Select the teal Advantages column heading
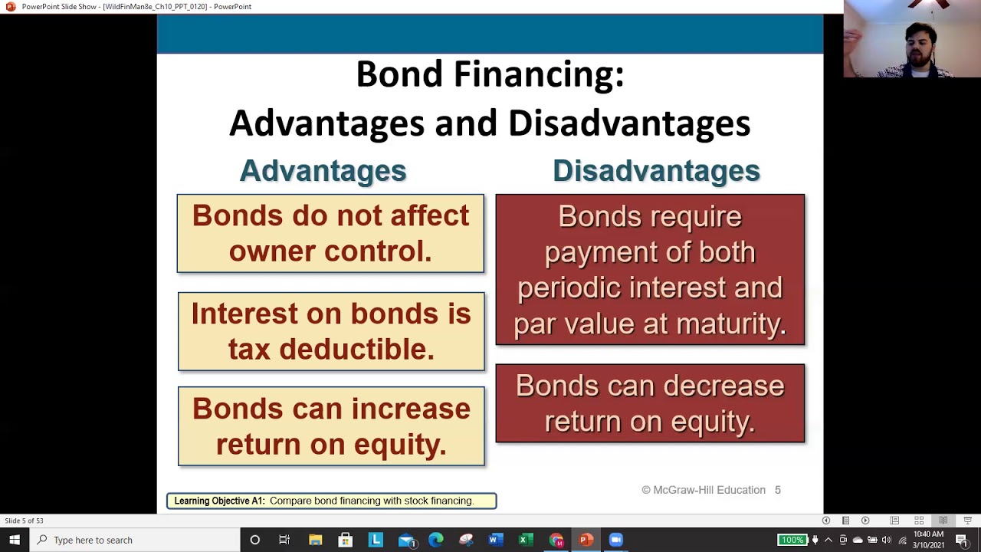point(323,170)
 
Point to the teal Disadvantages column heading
point(656,170)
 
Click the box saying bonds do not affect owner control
point(330,233)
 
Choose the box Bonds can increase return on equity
point(331,426)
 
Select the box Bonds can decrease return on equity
point(650,403)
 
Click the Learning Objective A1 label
point(219,501)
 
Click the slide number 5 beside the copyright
point(777,490)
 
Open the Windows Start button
point(15,540)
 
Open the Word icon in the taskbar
point(494,540)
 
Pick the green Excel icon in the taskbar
point(525,540)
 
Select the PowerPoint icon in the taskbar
point(586,540)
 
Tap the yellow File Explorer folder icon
point(315,540)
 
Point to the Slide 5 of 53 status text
point(24,521)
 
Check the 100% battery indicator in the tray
point(792,540)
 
